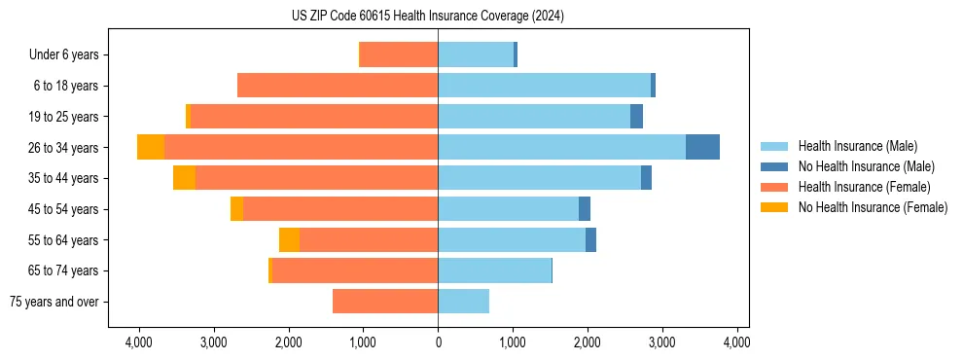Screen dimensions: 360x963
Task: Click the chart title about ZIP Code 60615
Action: pyautogui.click(x=427, y=17)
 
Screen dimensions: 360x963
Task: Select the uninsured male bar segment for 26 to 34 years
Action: pyautogui.click(x=702, y=147)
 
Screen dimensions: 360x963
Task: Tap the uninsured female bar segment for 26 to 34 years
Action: pyautogui.click(x=151, y=147)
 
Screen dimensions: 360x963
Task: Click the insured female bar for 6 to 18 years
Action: pyautogui.click(x=338, y=86)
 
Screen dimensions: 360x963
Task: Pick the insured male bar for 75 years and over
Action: pyautogui.click(x=463, y=302)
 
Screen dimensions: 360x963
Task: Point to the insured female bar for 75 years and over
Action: pyautogui.click(x=385, y=302)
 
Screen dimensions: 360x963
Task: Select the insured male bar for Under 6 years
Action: pyautogui.click(x=476, y=54)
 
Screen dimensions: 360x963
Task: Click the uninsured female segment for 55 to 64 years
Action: pyautogui.click(x=289, y=240)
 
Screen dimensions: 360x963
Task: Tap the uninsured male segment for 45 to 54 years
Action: pyautogui.click(x=585, y=209)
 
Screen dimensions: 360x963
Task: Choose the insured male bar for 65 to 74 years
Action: pyautogui.click(x=494, y=270)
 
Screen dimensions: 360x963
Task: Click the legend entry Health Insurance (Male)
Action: pyautogui.click(x=857, y=146)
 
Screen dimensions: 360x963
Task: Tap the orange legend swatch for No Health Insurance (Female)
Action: pyautogui.click(x=774, y=207)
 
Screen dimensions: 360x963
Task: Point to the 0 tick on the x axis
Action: pyautogui.click(x=438, y=342)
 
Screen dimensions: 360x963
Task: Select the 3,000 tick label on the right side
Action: pyautogui.click(x=661, y=342)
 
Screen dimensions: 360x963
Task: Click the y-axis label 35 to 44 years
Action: pyautogui.click(x=65, y=178)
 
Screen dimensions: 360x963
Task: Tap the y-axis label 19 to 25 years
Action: pyautogui.click(x=65, y=117)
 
